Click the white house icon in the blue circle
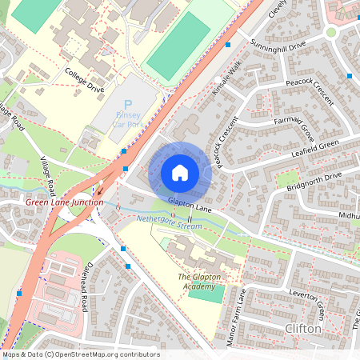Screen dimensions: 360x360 180,172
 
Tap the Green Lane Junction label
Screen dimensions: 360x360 65,202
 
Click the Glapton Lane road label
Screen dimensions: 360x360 190,206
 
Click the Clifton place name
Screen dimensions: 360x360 302,329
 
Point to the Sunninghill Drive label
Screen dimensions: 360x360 277,57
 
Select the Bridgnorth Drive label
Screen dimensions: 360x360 314,181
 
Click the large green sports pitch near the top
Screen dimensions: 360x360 178,46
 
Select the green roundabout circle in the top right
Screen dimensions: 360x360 330,33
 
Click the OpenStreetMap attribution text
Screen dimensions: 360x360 80,354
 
